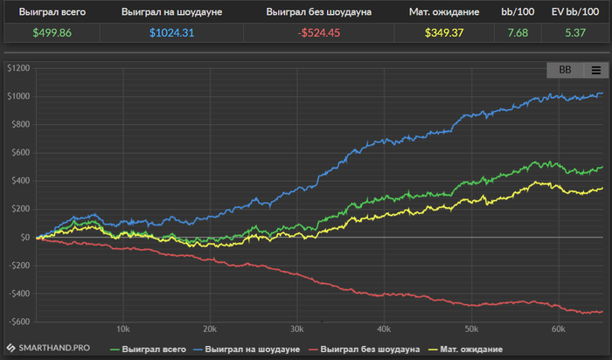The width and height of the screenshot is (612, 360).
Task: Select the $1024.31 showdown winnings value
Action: [176, 32]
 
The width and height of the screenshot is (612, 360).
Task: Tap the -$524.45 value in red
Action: [319, 32]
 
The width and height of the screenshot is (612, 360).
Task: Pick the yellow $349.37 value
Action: [447, 32]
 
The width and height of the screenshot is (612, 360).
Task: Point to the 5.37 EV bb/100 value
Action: [574, 32]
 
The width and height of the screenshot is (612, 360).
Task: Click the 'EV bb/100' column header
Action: [574, 12]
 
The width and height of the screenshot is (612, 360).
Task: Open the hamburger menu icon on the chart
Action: [595, 70]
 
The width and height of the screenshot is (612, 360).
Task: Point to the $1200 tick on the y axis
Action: [17, 68]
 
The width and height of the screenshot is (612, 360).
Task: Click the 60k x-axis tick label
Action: [558, 329]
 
